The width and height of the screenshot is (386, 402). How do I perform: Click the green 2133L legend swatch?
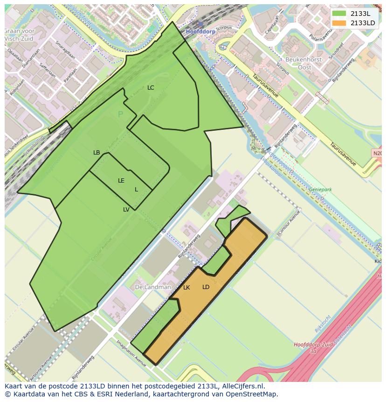(x=339, y=14)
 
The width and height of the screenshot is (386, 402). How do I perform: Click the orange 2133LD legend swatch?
(x=339, y=23)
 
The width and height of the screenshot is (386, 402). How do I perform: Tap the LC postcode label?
(x=151, y=88)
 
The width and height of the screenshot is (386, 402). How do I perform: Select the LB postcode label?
(x=96, y=153)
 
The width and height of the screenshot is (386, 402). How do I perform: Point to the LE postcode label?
(x=121, y=181)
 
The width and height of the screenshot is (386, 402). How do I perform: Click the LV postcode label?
(x=126, y=210)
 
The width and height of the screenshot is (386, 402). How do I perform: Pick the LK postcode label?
(x=186, y=288)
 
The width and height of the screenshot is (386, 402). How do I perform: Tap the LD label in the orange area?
(x=206, y=287)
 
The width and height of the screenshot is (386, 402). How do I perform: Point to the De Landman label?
(x=153, y=287)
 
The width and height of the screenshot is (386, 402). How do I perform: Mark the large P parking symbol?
(x=120, y=114)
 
